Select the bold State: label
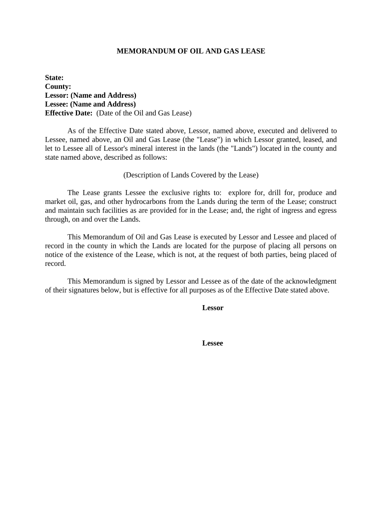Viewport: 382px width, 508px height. (x=54, y=77)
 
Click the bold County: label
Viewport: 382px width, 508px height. (x=58, y=86)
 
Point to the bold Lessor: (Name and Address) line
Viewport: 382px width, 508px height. (x=90, y=95)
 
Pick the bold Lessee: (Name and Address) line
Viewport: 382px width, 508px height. (x=90, y=104)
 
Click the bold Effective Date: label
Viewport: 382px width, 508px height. (x=68, y=113)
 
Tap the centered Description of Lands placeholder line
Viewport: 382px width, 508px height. (x=191, y=175)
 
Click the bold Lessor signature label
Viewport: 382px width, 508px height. (x=213, y=308)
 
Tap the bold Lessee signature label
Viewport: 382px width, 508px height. (x=213, y=343)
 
